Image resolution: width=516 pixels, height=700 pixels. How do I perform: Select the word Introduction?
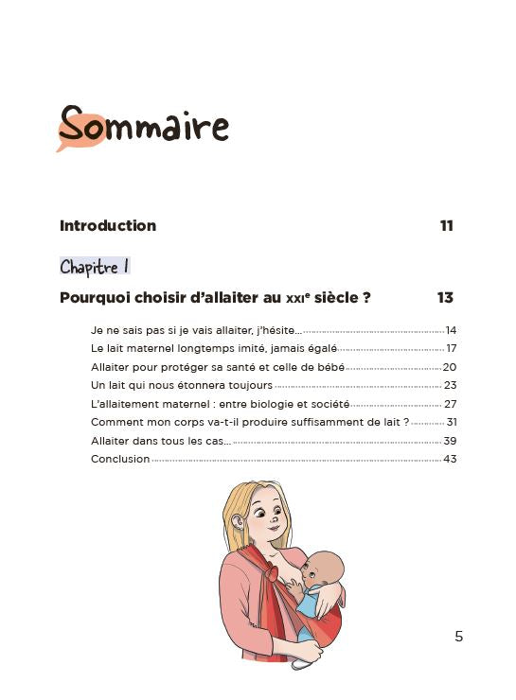click(108, 226)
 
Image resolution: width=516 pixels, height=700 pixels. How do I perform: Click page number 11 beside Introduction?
click(446, 226)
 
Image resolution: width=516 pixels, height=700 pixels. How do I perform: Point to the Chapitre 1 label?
click(95, 267)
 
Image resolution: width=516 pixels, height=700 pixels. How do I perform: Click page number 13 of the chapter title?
click(445, 298)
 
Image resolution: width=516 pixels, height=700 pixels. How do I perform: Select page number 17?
click(451, 349)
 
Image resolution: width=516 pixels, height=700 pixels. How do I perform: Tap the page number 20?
click(450, 367)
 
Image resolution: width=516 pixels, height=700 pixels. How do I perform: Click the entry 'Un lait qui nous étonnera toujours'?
click(182, 386)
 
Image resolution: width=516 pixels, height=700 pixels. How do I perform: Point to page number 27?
click(450, 404)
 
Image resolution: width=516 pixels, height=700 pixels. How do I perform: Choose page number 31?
click(451, 423)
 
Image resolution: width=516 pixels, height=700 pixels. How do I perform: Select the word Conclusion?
click(120, 460)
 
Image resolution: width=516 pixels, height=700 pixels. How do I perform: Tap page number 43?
click(450, 460)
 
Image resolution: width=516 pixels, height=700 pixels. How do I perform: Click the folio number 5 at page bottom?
click(459, 637)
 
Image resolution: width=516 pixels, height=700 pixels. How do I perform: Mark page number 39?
click(450, 441)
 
